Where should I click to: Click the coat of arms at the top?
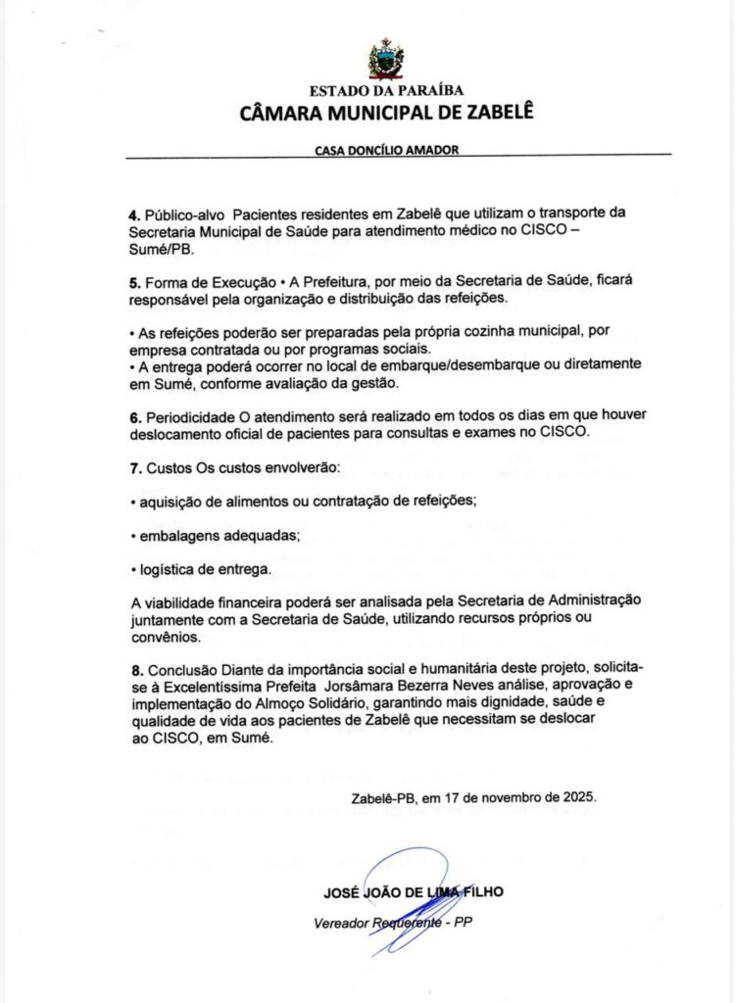tap(386, 60)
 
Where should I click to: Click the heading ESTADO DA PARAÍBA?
tap(386, 91)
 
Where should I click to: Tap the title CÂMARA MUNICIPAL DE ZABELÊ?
tap(386, 113)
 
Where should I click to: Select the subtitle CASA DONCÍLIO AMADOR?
tap(386, 151)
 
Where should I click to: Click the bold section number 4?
tap(133, 214)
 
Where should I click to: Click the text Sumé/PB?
tap(162, 249)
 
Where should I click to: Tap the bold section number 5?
tap(133, 281)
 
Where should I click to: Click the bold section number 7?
tap(133, 467)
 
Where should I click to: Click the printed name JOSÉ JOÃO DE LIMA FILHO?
tap(413, 892)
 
